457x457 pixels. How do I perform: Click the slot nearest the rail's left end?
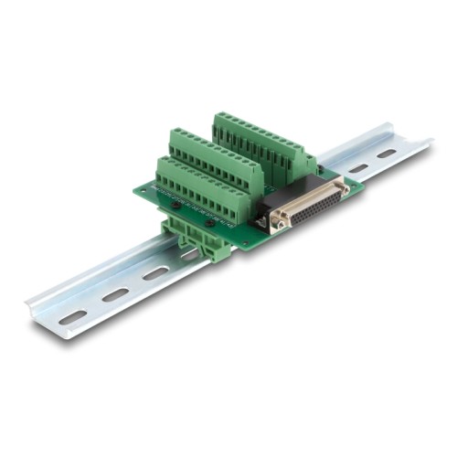(73, 316)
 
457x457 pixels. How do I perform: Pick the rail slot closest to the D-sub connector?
(357, 169)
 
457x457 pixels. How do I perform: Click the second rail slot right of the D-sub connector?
(387, 154)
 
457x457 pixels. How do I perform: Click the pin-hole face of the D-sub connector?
(313, 207)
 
